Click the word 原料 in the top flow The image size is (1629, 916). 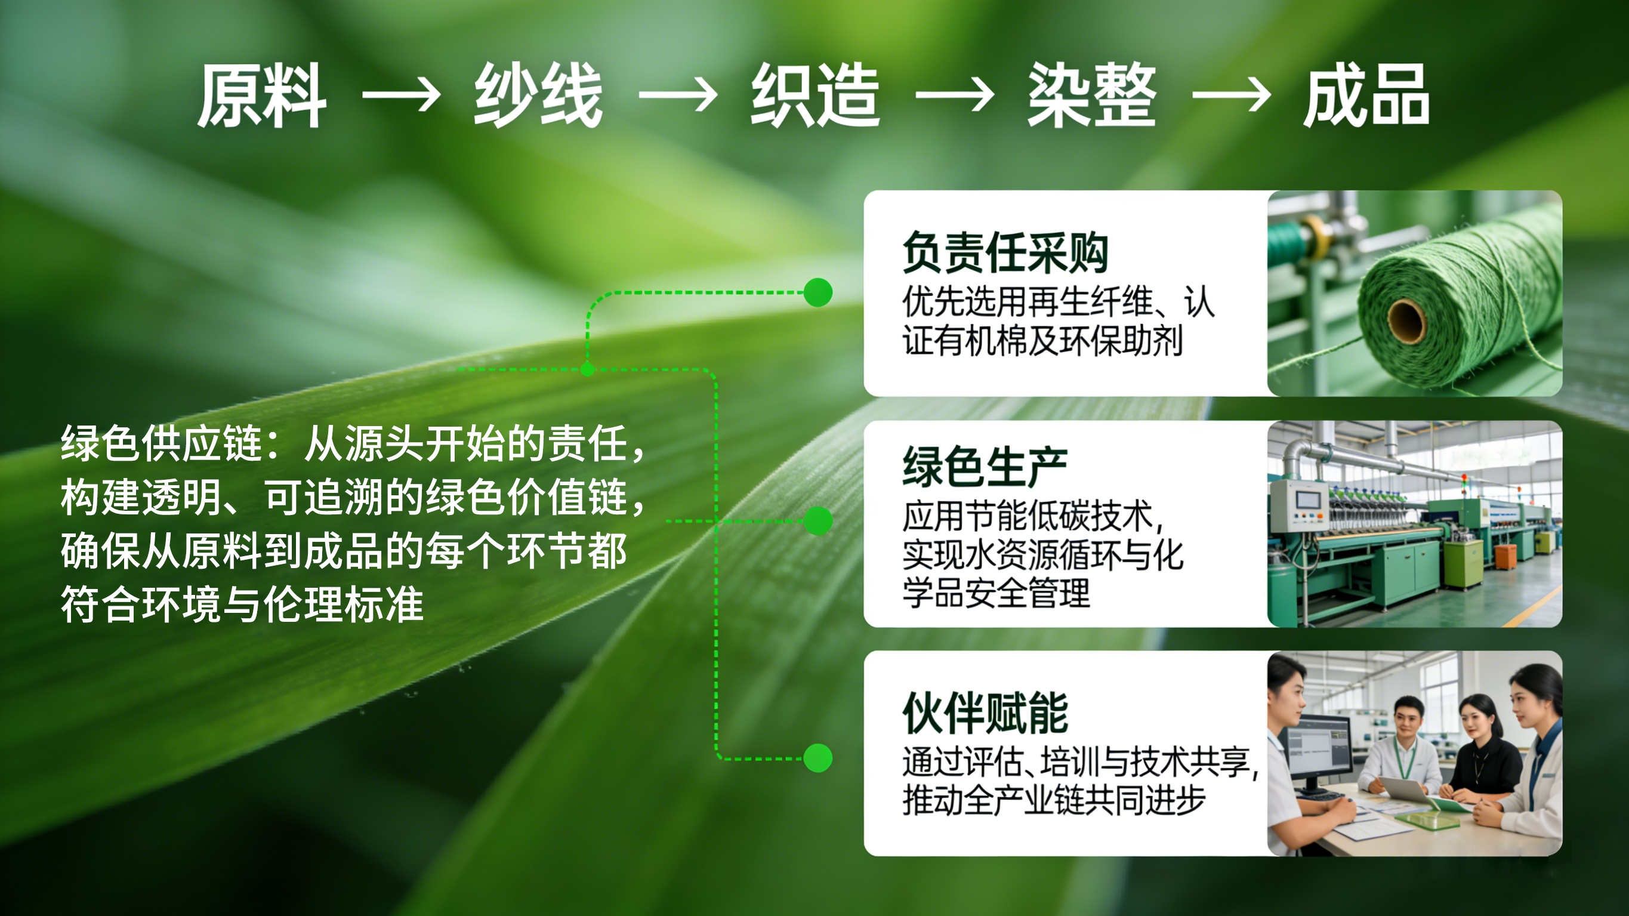[263, 95]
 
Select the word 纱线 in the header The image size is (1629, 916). [538, 95]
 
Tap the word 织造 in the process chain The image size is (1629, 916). [815, 95]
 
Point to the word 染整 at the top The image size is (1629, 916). [1091, 95]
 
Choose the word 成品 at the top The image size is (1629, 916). [1366, 95]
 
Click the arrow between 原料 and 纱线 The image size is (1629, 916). [402, 95]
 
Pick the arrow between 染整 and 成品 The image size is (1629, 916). [1232, 95]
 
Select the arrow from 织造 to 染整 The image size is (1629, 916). [955, 95]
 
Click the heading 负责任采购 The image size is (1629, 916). [1005, 252]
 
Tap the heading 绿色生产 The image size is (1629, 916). [985, 466]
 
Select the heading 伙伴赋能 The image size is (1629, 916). [985, 713]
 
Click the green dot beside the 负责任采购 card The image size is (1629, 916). [817, 292]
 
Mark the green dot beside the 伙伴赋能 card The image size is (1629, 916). [817, 758]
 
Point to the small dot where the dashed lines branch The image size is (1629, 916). [588, 369]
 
